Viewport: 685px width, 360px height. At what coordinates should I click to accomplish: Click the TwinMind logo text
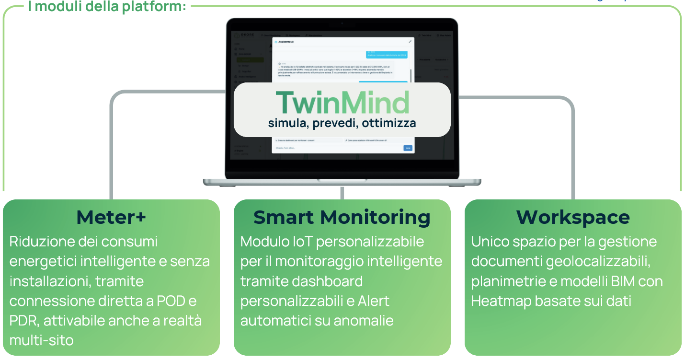342,102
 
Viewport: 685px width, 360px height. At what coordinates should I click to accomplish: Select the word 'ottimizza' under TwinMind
389,123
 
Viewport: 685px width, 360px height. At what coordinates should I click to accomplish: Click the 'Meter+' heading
111,218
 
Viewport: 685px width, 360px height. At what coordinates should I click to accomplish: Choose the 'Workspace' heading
573,218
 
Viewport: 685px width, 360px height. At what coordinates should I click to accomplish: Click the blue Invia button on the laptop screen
408,148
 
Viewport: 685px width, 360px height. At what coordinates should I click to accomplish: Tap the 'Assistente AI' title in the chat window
286,42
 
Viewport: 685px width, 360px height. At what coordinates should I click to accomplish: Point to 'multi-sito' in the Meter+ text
42,340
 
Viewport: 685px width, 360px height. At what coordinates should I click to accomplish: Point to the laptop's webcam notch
342,23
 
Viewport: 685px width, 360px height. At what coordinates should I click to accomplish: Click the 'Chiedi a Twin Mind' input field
335,148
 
